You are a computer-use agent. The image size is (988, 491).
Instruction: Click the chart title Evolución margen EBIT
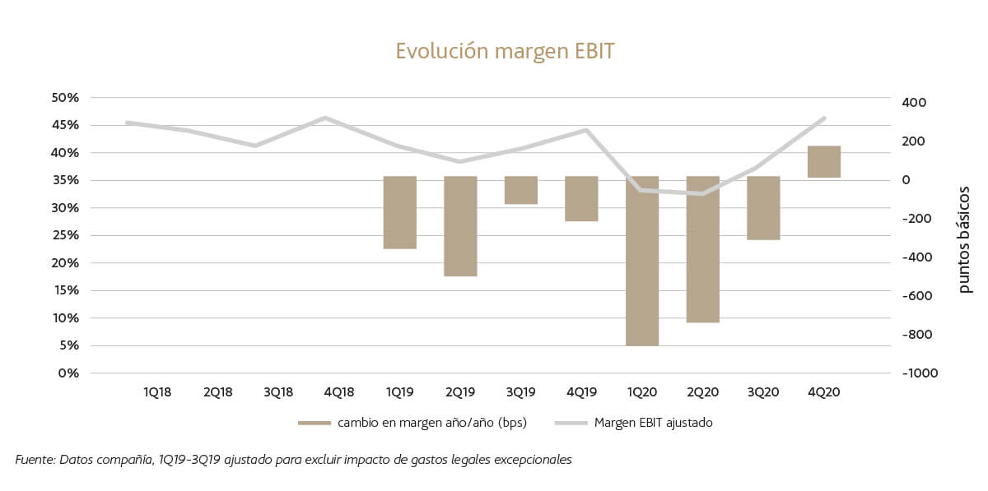click(x=505, y=51)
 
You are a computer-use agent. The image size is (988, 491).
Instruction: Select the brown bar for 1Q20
click(x=642, y=261)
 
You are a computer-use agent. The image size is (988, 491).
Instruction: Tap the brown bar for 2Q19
click(x=460, y=226)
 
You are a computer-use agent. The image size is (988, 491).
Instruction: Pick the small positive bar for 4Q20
click(x=824, y=161)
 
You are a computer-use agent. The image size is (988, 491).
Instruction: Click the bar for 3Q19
click(x=521, y=190)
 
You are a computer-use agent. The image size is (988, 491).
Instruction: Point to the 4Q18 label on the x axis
click(x=339, y=392)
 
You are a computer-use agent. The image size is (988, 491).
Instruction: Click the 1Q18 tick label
click(x=157, y=392)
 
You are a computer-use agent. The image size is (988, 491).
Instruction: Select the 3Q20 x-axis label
click(x=763, y=392)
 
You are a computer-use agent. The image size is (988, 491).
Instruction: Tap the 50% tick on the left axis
click(x=65, y=98)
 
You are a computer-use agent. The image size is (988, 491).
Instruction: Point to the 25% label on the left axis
click(x=65, y=235)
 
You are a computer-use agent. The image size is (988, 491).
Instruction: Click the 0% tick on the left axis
click(x=68, y=373)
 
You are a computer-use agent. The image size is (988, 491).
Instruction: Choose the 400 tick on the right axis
click(x=913, y=103)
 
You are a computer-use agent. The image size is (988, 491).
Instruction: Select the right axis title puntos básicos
click(x=964, y=239)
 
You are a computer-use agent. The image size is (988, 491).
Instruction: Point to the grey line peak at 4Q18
click(x=326, y=118)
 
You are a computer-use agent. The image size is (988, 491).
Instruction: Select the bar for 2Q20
click(x=703, y=249)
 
